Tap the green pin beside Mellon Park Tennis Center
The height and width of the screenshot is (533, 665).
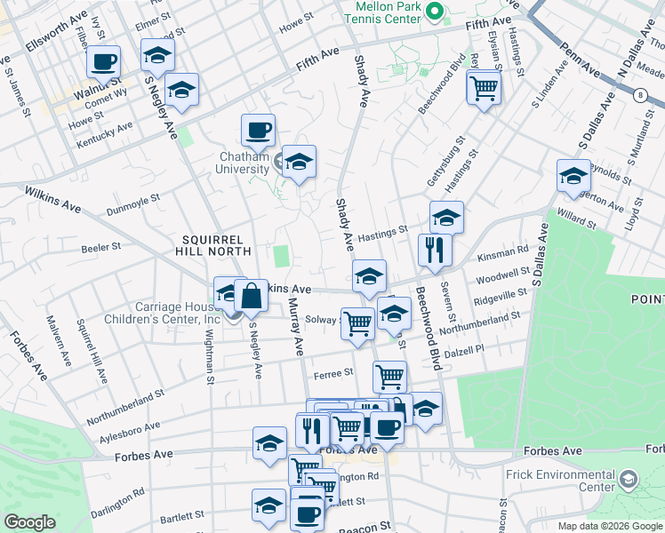tap(435, 12)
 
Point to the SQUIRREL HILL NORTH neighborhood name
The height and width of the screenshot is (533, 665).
tap(217, 245)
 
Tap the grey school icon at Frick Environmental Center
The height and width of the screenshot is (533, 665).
tap(629, 481)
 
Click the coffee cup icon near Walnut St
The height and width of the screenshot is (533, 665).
tap(103, 62)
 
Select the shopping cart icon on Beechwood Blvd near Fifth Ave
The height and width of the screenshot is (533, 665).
tap(484, 87)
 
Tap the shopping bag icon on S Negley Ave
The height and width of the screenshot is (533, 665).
tap(252, 295)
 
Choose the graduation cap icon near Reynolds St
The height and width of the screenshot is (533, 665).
tap(574, 175)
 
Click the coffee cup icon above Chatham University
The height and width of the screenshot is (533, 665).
tap(258, 130)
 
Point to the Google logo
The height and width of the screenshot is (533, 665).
tap(29, 522)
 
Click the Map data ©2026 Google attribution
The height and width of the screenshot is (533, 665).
tap(611, 526)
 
